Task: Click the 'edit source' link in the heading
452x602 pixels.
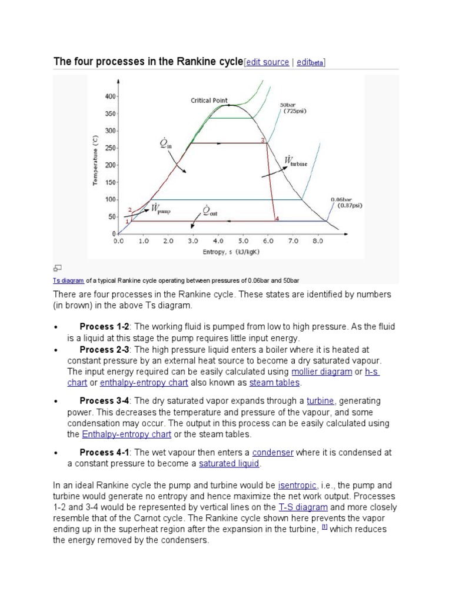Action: click(268, 62)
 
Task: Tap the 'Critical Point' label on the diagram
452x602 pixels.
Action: click(209, 101)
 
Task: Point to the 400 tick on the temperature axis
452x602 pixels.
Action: click(109, 96)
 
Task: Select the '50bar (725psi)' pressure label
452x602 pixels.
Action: click(294, 108)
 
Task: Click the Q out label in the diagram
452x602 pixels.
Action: click(209, 210)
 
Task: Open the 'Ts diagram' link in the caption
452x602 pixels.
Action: click(68, 280)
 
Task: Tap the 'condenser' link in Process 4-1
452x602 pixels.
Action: click(272, 453)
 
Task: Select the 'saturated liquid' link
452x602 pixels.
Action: click(229, 464)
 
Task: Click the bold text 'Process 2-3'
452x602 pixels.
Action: click(104, 350)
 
